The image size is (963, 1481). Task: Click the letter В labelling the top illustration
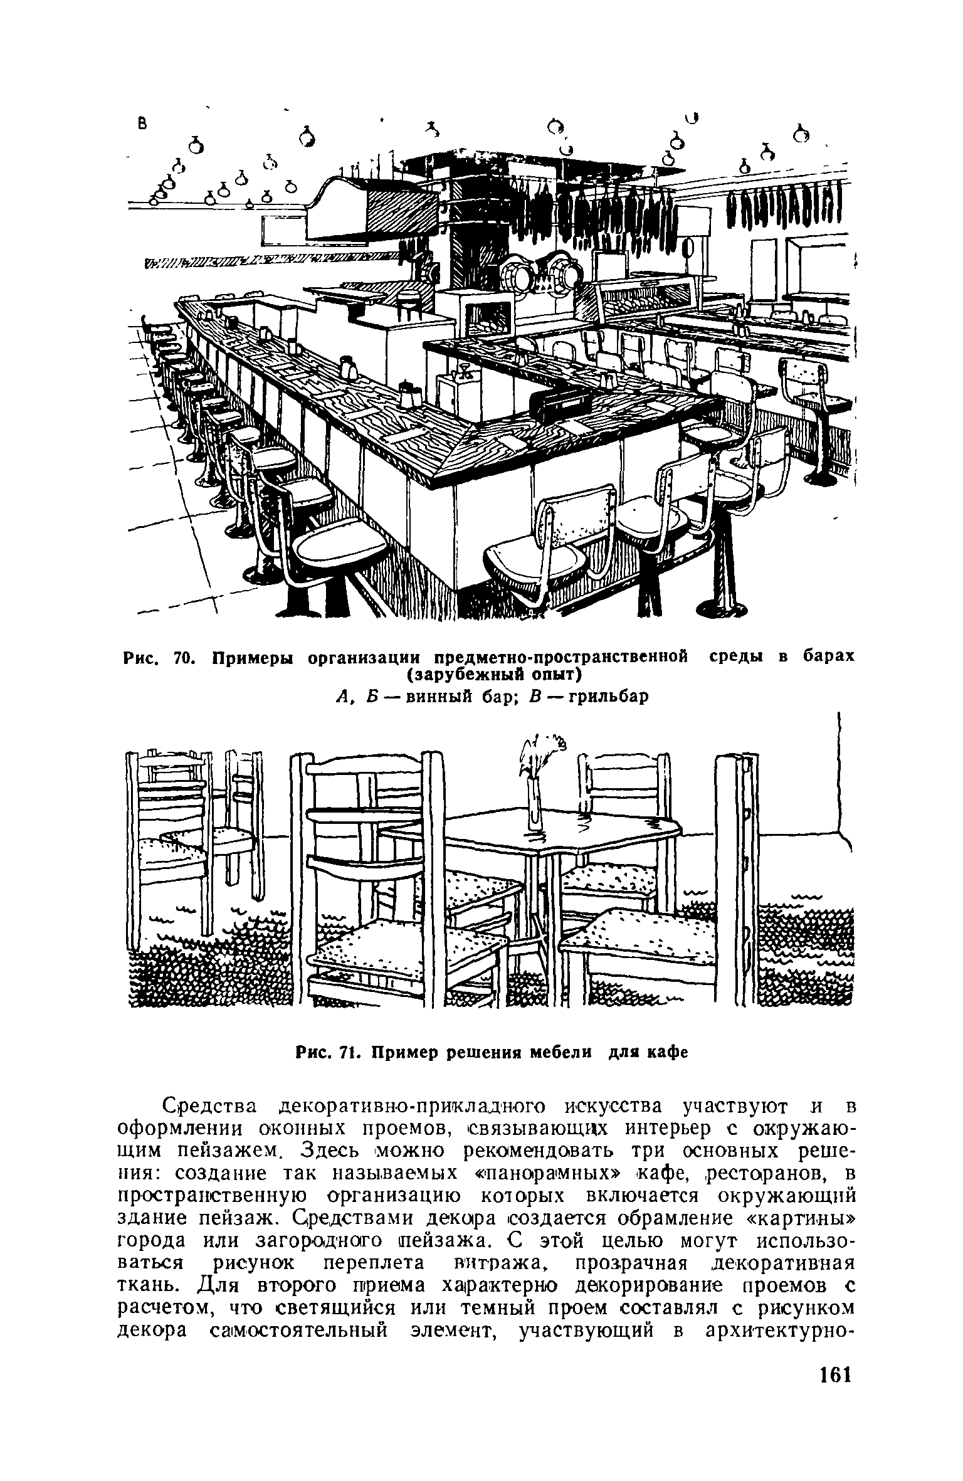click(x=142, y=125)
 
